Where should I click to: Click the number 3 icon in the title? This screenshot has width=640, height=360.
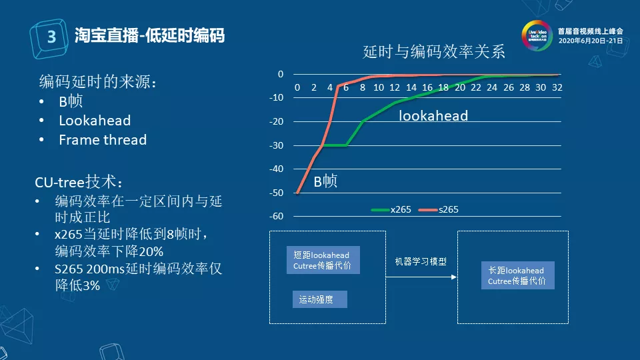pyautogui.click(x=51, y=37)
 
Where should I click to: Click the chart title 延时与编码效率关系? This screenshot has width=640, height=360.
pyautogui.click(x=434, y=51)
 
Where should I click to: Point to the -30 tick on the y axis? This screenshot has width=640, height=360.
pyautogui.click(x=275, y=145)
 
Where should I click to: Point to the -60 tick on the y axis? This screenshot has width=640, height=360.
pyautogui.click(x=275, y=216)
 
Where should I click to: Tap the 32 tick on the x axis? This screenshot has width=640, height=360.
pyautogui.click(x=557, y=87)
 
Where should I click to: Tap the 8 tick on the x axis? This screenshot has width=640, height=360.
pyautogui.click(x=362, y=87)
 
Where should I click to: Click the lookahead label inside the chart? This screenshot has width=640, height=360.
pyautogui.click(x=433, y=115)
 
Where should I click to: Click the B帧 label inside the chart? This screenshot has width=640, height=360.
pyautogui.click(x=325, y=181)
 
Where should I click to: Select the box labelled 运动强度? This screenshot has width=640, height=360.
pyautogui.click(x=319, y=300)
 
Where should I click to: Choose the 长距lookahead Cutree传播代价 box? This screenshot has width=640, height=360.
pyautogui.click(x=517, y=275)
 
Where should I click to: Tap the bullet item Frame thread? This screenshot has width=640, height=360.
pyautogui.click(x=102, y=140)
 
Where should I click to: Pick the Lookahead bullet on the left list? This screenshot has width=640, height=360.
pyautogui.click(x=94, y=121)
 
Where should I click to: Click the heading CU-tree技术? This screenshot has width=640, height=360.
pyautogui.click(x=79, y=182)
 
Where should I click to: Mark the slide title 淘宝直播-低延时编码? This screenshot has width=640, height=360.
pyautogui.click(x=149, y=35)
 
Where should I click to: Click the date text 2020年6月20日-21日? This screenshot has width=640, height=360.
pyautogui.click(x=590, y=41)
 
